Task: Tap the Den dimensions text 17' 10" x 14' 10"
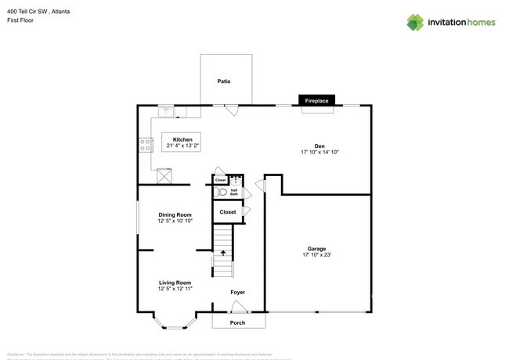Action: [319, 153]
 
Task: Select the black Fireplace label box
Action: [316, 101]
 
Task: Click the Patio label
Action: [224, 81]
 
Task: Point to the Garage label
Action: [316, 249]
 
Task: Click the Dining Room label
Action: [175, 214]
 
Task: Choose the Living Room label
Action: [175, 283]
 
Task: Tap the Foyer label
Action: [237, 292]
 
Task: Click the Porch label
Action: [237, 322]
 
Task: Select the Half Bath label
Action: [234, 192]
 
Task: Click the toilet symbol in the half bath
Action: [221, 192]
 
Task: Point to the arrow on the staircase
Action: [223, 253]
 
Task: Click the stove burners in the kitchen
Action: [145, 144]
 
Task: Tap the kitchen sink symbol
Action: [167, 110]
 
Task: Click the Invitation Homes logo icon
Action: [415, 23]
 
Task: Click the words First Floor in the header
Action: [19, 20]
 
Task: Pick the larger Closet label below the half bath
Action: [227, 212]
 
